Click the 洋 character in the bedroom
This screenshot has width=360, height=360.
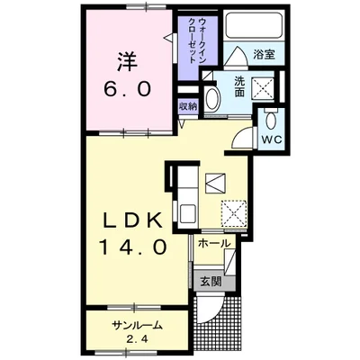click(128, 62)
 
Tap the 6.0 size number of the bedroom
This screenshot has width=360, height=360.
click(127, 89)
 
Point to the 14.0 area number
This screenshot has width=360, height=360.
click(132, 247)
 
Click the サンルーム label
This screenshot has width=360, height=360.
click(137, 325)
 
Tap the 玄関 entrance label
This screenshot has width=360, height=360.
click(211, 282)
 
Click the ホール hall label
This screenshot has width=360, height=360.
click(214, 243)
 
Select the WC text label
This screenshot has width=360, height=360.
click(272, 139)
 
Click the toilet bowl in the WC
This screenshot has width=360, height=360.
click(271, 120)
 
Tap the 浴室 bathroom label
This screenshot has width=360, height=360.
click(265, 55)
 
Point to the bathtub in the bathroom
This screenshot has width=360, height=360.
click(254, 25)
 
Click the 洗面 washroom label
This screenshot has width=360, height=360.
click(239, 86)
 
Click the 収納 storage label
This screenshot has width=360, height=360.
click(188, 106)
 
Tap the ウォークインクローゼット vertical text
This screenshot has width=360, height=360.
click(198, 40)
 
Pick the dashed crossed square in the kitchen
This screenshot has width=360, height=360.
click(234, 212)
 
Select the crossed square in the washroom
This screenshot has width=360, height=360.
click(263, 87)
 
